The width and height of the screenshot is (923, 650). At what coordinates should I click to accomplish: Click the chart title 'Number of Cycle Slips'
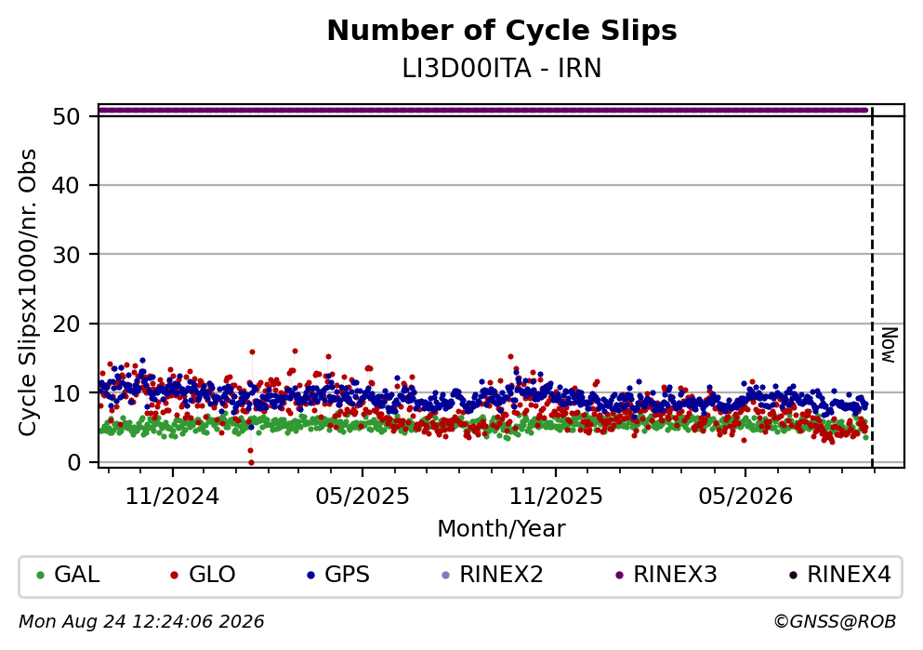click(502, 31)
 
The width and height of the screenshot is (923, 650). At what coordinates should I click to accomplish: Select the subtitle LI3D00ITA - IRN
click(502, 69)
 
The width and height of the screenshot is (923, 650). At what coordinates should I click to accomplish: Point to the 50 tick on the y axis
click(67, 116)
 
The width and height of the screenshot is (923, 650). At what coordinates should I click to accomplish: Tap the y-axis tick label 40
click(67, 185)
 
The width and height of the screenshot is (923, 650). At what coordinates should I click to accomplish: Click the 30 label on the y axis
click(67, 255)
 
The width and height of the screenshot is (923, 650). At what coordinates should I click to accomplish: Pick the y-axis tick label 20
click(67, 324)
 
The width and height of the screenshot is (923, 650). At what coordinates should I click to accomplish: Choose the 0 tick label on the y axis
click(73, 462)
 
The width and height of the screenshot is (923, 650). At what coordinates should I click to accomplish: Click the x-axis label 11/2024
click(173, 497)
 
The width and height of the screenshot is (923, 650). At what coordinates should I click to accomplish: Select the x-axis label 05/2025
click(362, 497)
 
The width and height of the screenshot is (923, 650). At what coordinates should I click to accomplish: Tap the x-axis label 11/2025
click(556, 497)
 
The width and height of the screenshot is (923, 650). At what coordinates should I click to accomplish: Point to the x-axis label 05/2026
click(745, 497)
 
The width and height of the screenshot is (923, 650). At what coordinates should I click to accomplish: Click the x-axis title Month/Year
click(502, 529)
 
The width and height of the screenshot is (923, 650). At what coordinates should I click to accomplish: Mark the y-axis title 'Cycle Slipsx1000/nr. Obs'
click(28, 293)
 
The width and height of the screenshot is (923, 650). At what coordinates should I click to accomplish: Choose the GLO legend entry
click(203, 575)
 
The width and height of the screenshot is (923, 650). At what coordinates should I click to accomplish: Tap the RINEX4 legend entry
click(840, 575)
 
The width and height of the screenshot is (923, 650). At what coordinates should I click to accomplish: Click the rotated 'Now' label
click(889, 345)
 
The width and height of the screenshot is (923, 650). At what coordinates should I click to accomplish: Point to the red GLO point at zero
click(251, 463)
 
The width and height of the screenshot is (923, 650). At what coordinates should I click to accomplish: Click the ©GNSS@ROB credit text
click(835, 622)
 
